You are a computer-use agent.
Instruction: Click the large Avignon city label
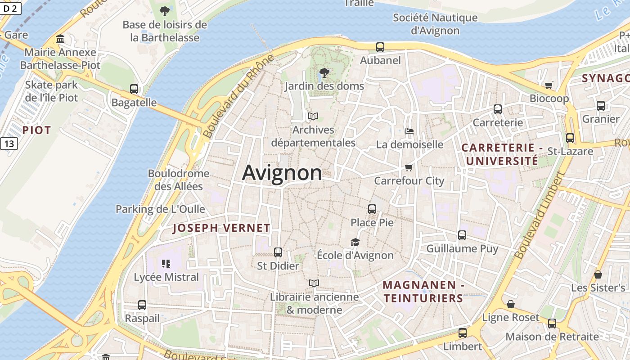tap(282, 173)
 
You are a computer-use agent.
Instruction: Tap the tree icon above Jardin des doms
tap(324, 72)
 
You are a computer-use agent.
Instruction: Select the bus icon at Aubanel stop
tap(380, 47)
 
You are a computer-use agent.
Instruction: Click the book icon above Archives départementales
tap(313, 117)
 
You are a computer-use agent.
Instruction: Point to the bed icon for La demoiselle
tap(409, 131)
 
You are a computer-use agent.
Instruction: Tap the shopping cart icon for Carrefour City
tap(409, 168)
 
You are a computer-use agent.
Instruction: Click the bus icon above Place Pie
tap(372, 209)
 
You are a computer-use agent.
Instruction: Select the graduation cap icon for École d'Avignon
tap(355, 243)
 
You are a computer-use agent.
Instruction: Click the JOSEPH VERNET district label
tap(221, 228)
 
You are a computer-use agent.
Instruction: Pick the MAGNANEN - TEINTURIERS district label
tap(423, 292)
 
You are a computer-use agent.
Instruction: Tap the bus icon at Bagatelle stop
tap(134, 89)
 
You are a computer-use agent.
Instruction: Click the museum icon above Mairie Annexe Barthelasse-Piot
tap(60, 39)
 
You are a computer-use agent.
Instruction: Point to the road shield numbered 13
tap(9, 144)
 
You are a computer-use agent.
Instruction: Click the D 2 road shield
tap(10, 8)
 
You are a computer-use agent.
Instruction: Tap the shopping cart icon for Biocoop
tap(549, 85)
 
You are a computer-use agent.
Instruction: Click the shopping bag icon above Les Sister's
tap(598, 274)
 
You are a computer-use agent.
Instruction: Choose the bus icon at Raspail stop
tap(142, 305)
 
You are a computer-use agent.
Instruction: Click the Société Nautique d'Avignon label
tap(435, 24)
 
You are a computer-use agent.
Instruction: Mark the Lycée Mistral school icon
tap(166, 264)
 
